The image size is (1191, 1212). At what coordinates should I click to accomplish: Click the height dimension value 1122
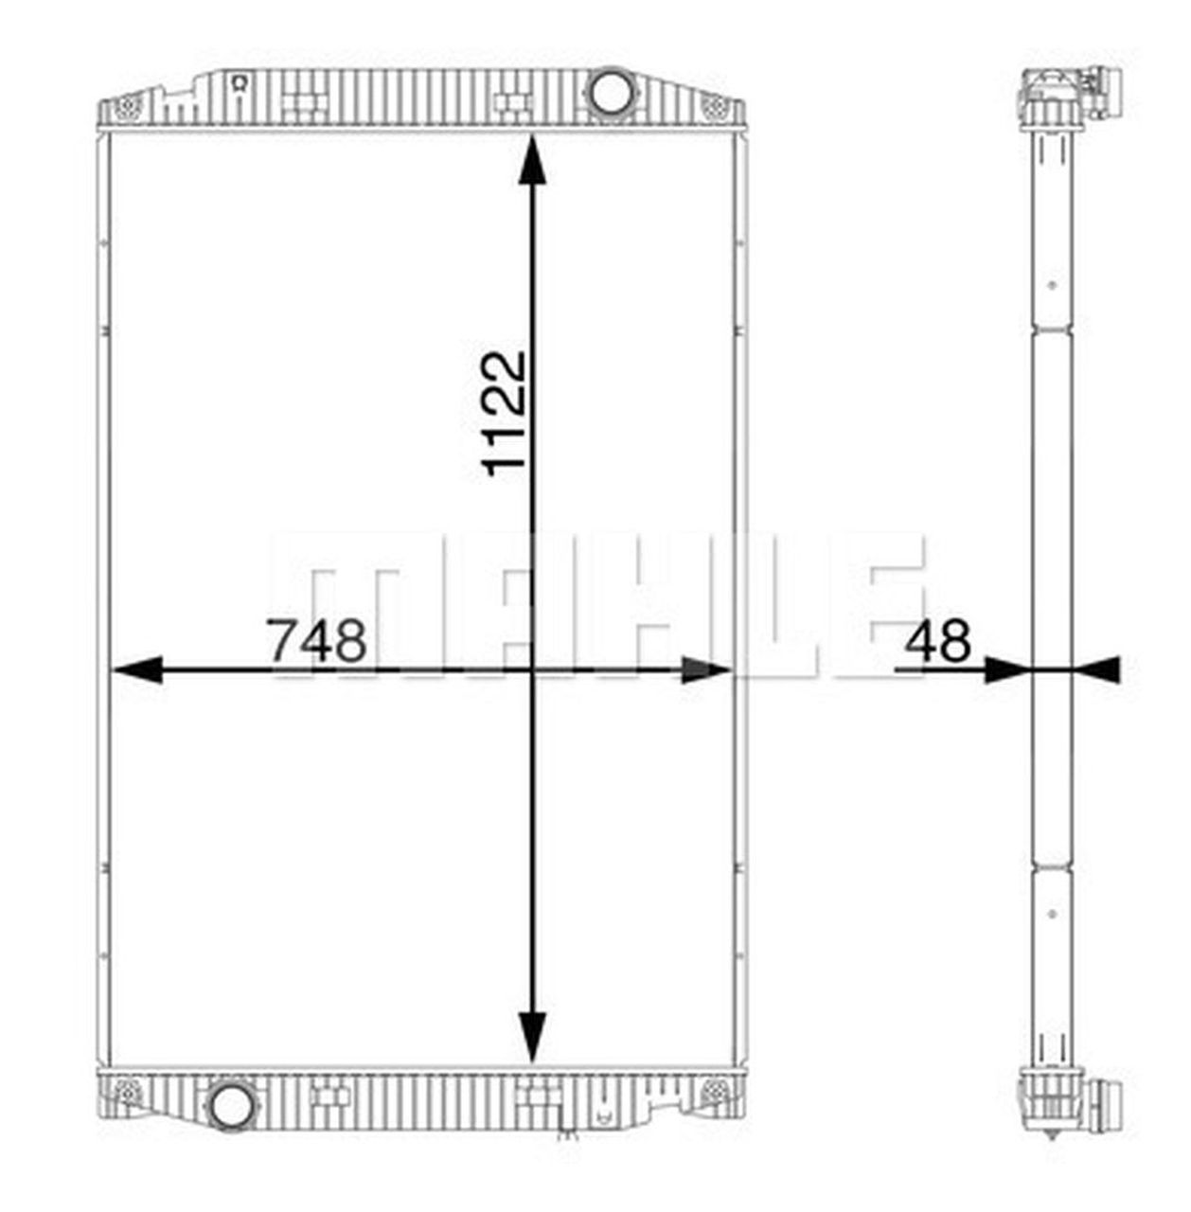(504, 413)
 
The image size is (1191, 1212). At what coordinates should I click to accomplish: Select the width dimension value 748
(316, 641)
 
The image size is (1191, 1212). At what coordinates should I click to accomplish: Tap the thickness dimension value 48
(937, 641)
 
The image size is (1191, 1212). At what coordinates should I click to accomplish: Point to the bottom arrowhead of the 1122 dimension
(533, 1037)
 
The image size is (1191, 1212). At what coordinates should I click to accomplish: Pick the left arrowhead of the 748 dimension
(136, 670)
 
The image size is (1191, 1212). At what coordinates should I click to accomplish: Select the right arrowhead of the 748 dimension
(706, 670)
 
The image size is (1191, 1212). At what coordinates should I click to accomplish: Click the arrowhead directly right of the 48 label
(1006, 670)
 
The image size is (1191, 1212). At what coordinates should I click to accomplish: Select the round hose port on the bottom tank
(231, 1105)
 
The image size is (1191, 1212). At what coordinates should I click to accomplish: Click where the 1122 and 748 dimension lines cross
(533, 670)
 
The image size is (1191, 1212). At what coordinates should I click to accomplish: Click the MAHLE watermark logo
(596, 606)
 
